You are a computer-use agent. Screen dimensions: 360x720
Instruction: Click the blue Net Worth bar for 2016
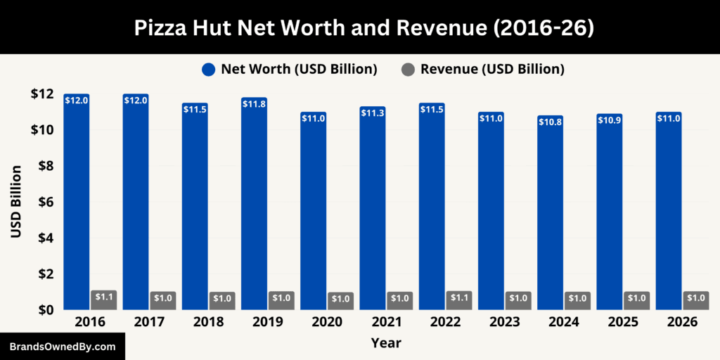point(76,204)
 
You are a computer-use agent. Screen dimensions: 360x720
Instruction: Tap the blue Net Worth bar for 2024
point(550,214)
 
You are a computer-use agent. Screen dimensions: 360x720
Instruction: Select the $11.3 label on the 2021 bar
point(373,114)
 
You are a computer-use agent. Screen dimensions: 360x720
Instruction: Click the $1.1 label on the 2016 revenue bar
point(103,297)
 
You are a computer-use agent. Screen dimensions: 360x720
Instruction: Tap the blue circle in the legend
point(207,69)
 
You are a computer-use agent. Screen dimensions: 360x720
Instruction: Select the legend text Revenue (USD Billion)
point(492,69)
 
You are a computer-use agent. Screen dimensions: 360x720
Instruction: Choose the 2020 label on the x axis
point(328,322)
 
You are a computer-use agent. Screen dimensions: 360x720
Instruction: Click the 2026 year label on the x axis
point(683,322)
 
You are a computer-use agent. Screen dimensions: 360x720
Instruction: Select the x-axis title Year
point(386,343)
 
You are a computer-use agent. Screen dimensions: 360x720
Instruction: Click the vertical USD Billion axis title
point(15,202)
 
